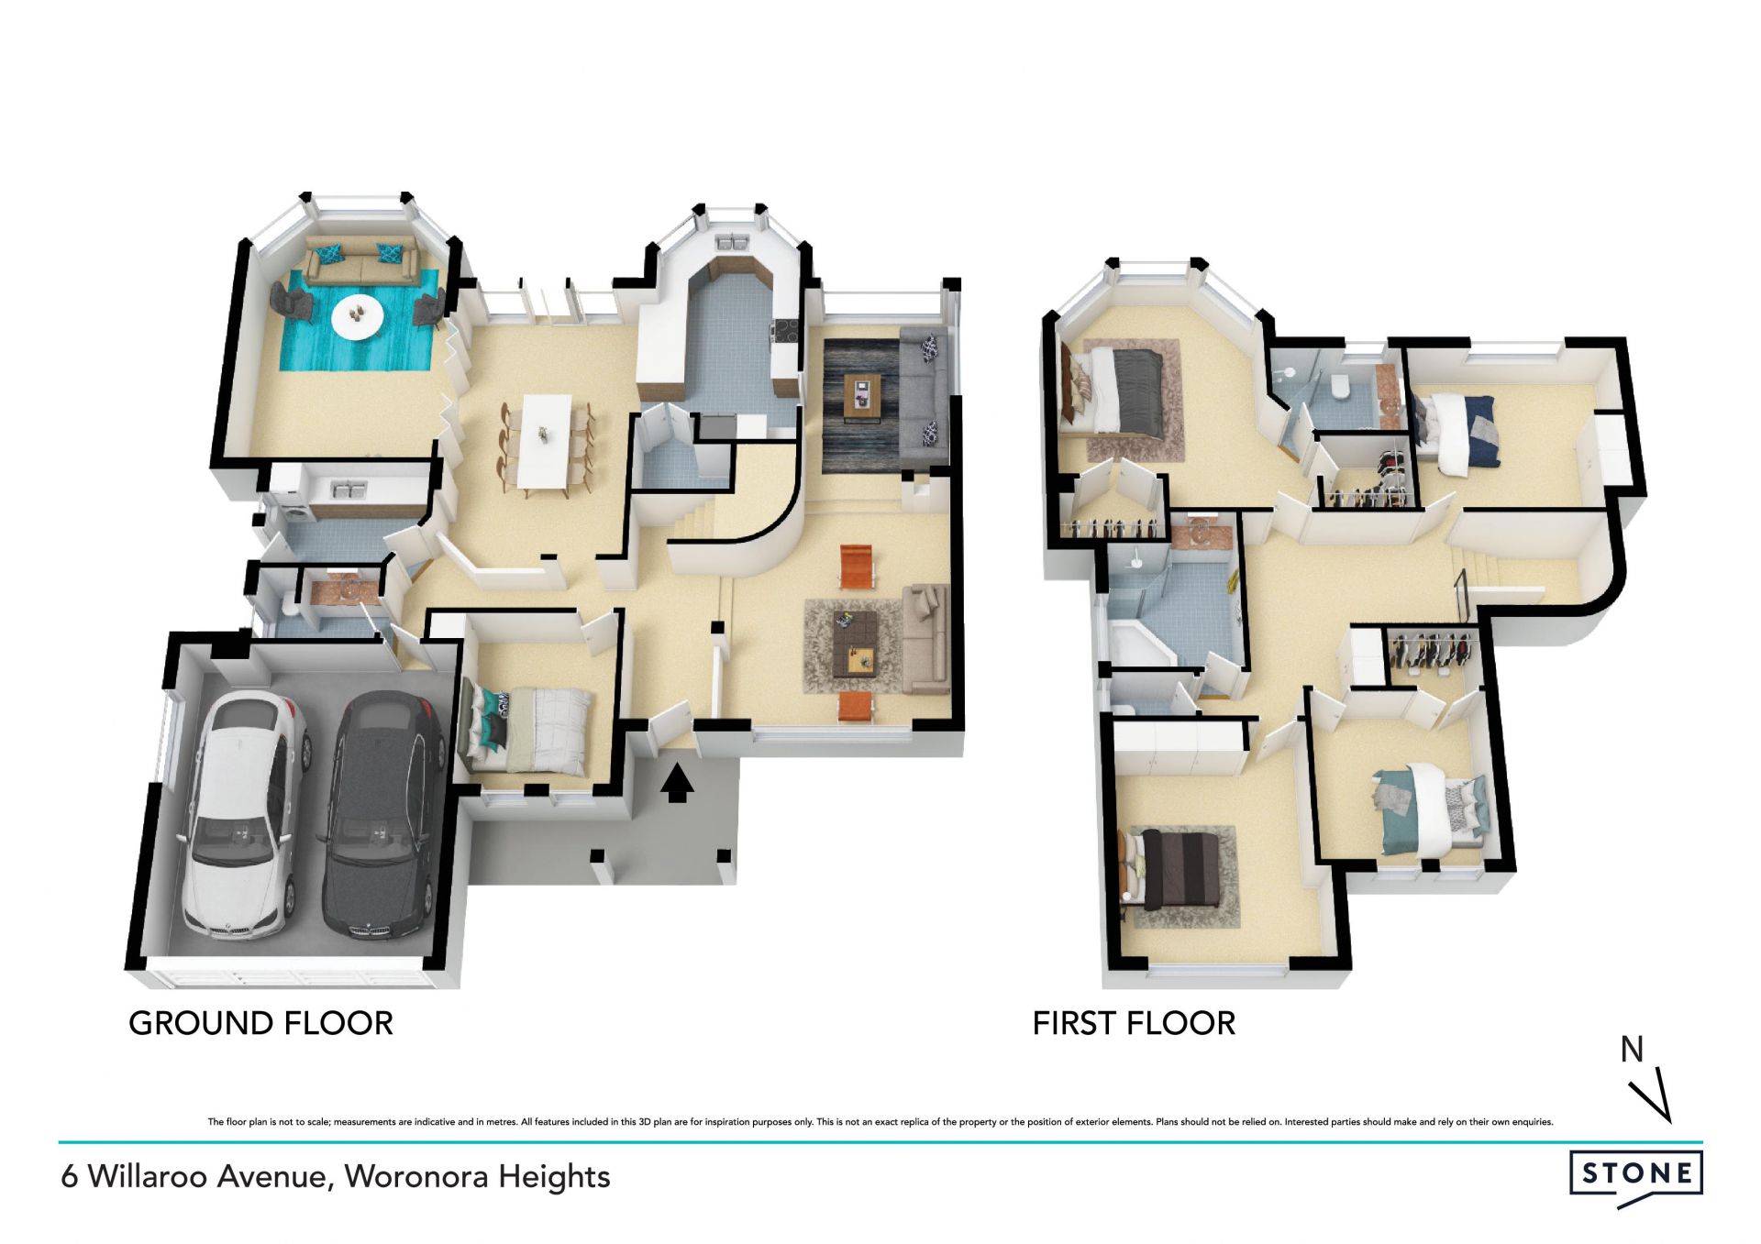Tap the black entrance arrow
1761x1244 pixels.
[x=677, y=784]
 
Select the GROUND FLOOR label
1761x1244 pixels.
[x=260, y=1023]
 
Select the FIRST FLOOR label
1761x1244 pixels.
[x=1134, y=1023]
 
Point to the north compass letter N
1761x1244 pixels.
[x=1632, y=1050]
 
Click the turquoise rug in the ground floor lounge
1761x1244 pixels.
[x=359, y=320]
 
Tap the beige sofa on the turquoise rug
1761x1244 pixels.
[x=359, y=259]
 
